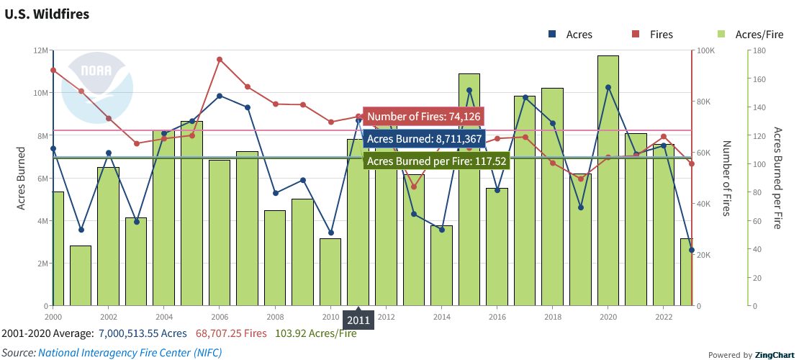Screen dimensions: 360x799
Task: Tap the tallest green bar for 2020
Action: click(x=608, y=180)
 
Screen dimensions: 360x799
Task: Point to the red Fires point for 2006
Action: click(x=220, y=60)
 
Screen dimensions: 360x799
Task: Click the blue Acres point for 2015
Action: click(x=469, y=91)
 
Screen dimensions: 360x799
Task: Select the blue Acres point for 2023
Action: click(x=692, y=251)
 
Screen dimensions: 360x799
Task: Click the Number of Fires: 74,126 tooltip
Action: click(x=423, y=117)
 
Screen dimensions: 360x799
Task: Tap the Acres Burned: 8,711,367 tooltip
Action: click(x=423, y=139)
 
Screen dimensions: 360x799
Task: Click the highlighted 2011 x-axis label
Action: click(x=358, y=320)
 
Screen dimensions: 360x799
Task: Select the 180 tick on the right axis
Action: click(x=759, y=50)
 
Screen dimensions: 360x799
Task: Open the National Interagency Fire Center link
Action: click(x=130, y=352)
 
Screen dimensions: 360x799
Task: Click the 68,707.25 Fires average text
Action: click(x=231, y=333)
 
